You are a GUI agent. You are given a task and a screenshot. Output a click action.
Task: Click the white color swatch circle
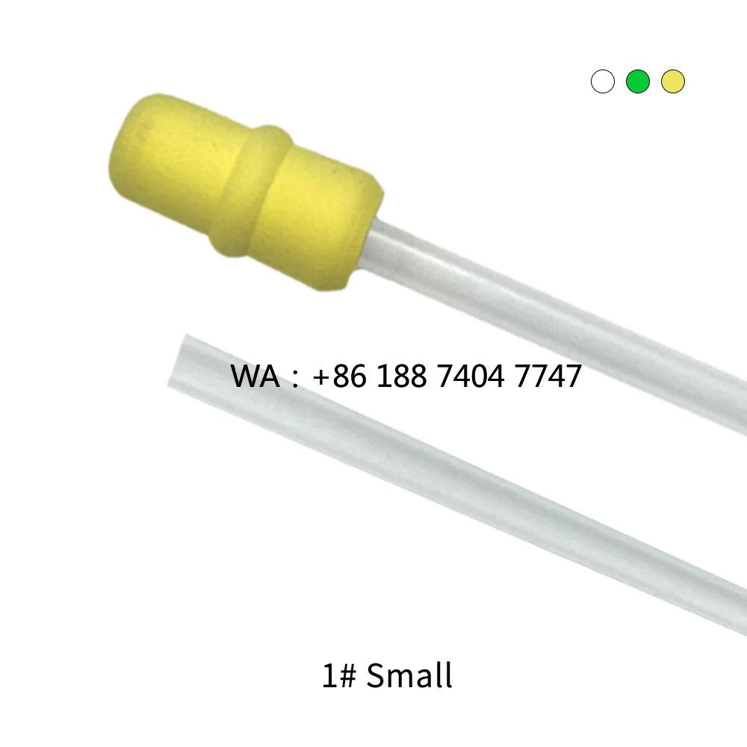coord(603,81)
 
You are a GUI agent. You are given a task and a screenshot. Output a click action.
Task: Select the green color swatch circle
coord(638,81)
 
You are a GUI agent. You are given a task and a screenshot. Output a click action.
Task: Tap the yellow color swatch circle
coord(673,81)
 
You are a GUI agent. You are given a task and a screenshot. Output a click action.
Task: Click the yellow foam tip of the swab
coord(247,190)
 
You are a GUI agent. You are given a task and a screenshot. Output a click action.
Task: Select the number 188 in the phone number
coord(403,376)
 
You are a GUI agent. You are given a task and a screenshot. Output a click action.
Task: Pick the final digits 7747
coord(548,376)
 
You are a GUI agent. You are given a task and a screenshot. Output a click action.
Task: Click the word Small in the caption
coord(410,676)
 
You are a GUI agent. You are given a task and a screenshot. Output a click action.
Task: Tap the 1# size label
coord(339,676)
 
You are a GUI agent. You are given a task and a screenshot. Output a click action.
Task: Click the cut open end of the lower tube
coord(176,362)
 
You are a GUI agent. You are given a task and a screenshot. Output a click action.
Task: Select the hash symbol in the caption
coord(348,677)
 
